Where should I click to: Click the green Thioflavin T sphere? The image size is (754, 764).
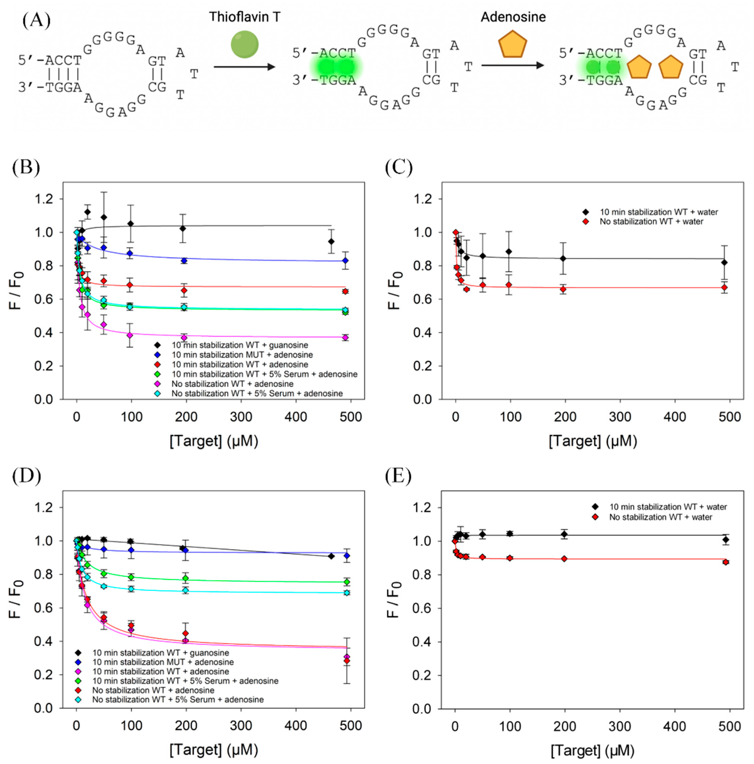pos(245,44)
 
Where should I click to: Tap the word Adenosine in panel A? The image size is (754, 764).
pos(513,17)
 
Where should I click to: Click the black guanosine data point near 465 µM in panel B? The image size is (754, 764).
pos(331,241)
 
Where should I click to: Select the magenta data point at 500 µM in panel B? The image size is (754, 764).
pos(345,337)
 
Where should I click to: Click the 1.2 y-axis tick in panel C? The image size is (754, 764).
pos(422,199)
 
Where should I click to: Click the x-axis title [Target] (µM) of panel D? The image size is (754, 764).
pos(214,749)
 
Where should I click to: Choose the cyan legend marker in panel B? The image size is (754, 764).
pos(157,393)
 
